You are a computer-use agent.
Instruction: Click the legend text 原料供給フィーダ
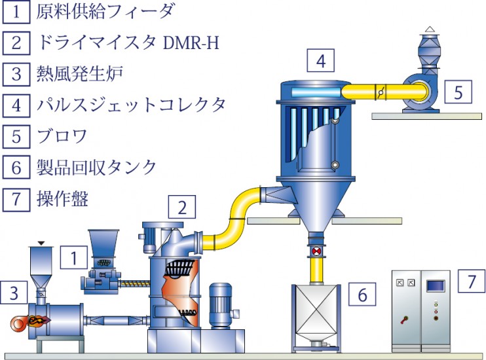click(105, 12)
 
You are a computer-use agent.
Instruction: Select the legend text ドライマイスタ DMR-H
click(128, 43)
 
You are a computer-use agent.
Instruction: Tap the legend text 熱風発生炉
click(80, 74)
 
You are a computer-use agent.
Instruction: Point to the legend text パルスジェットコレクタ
click(131, 105)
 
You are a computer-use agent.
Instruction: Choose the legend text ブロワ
click(62, 136)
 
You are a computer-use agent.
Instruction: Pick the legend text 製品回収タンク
click(96, 168)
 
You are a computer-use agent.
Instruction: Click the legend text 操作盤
click(62, 199)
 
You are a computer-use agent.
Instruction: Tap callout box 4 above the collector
click(320, 60)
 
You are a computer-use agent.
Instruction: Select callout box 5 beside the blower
click(458, 92)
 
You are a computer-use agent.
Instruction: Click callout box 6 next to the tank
click(362, 294)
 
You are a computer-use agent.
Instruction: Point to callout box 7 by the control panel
click(472, 281)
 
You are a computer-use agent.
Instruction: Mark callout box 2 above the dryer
click(182, 207)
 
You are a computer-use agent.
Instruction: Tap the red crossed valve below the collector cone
click(316, 251)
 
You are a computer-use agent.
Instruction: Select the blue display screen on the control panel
click(436, 285)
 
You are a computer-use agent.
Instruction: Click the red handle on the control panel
click(404, 319)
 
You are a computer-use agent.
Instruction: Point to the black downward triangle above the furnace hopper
click(41, 243)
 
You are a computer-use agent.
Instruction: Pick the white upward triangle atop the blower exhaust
click(429, 29)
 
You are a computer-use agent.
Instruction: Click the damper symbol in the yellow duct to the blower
click(381, 92)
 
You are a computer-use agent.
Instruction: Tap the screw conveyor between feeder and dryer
click(135, 283)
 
